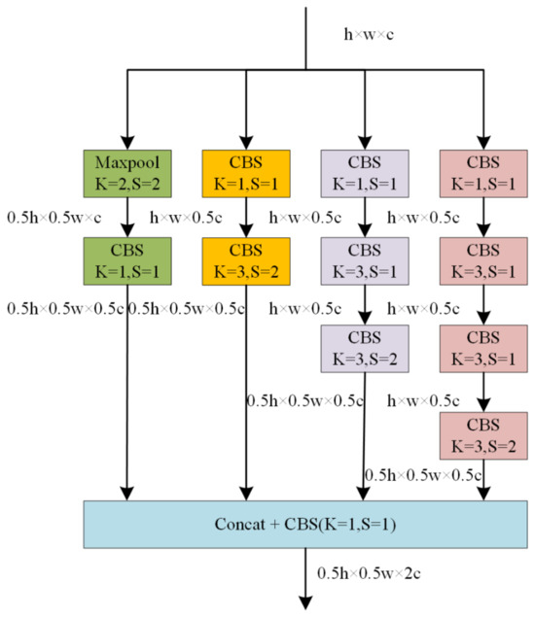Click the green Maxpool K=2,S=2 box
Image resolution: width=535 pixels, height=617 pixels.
127,172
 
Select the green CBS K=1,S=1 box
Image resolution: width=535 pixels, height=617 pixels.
127,261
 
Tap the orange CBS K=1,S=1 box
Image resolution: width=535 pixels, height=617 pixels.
246,172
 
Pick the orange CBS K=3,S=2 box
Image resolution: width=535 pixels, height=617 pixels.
246,261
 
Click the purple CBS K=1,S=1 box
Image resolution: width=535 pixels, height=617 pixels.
364,172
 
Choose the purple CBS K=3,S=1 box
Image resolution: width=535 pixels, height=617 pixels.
364,261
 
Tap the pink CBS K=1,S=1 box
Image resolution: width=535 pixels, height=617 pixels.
482,172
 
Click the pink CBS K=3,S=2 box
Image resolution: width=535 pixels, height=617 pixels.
482,434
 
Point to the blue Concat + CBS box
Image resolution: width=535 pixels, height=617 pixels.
305,526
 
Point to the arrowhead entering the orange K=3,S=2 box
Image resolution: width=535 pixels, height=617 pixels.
246,232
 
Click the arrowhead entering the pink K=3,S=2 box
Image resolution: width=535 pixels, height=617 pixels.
482,405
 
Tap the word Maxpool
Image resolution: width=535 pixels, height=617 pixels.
127,161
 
